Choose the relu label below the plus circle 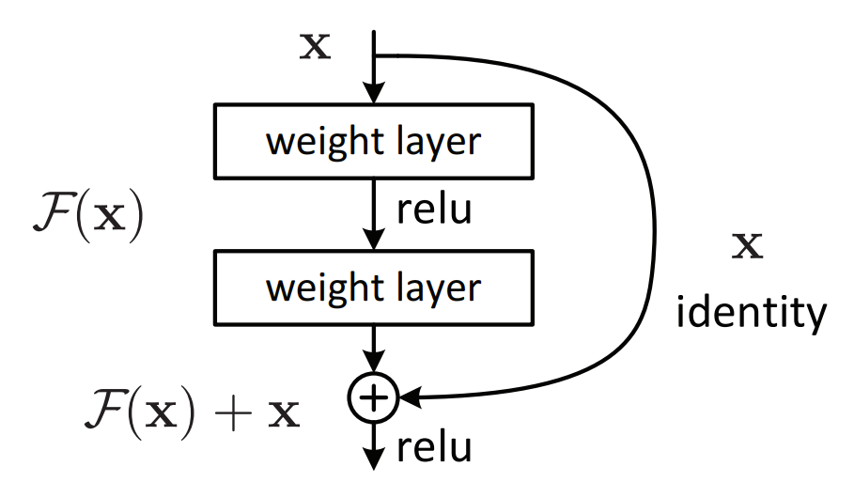(433, 449)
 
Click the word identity (751, 312)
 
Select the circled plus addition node (374, 399)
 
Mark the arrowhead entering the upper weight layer (374, 93)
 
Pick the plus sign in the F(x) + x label (235, 412)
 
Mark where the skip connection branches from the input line (374, 55)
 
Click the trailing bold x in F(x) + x (284, 414)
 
